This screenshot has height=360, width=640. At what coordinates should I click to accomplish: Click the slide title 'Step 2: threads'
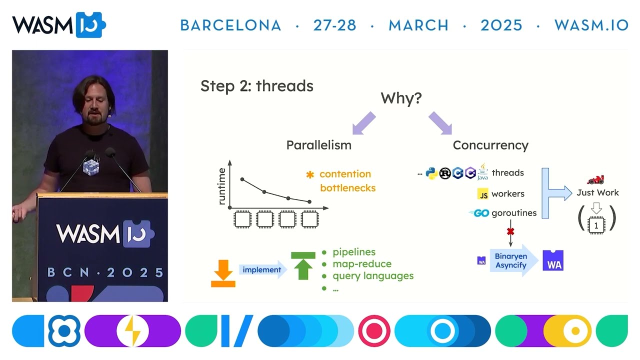(256, 86)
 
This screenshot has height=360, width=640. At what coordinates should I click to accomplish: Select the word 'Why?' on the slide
(401, 98)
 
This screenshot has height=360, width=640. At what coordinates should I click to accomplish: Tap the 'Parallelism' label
(318, 145)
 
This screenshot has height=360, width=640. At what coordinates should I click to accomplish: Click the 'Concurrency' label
(490, 145)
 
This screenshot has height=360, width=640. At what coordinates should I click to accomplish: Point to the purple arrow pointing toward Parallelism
(364, 123)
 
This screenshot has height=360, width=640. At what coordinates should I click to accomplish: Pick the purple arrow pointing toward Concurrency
(440, 123)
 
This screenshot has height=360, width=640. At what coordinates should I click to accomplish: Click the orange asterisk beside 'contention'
(310, 174)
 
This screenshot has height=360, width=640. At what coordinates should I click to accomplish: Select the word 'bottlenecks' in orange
(347, 188)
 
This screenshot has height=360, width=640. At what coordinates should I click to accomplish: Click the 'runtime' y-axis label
(222, 186)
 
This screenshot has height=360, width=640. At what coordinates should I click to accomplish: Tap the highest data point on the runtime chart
(242, 179)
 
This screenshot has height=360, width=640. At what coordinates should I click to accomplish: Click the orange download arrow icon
(223, 273)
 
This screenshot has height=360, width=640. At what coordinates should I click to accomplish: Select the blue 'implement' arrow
(263, 270)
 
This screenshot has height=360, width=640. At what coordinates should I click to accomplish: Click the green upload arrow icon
(303, 265)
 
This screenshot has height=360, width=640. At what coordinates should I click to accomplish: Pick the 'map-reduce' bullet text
(361, 263)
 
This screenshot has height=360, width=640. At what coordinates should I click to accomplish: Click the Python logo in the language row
(431, 173)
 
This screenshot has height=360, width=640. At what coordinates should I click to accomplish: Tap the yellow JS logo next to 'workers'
(482, 194)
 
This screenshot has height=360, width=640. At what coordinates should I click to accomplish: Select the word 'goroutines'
(513, 213)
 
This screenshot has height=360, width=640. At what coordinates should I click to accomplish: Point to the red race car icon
(595, 179)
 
